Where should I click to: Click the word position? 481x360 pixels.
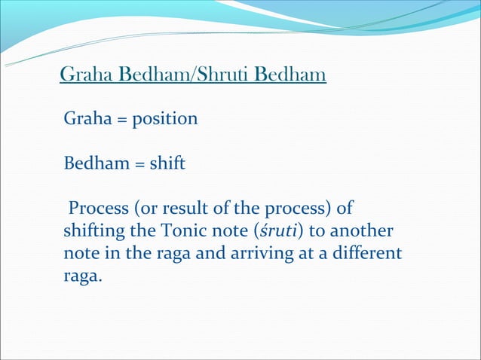tap(165, 120)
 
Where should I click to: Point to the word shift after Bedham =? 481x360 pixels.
tap(167, 163)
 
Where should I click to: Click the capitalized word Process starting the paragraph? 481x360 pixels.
tap(99, 208)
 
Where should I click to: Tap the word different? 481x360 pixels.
tap(369, 253)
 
